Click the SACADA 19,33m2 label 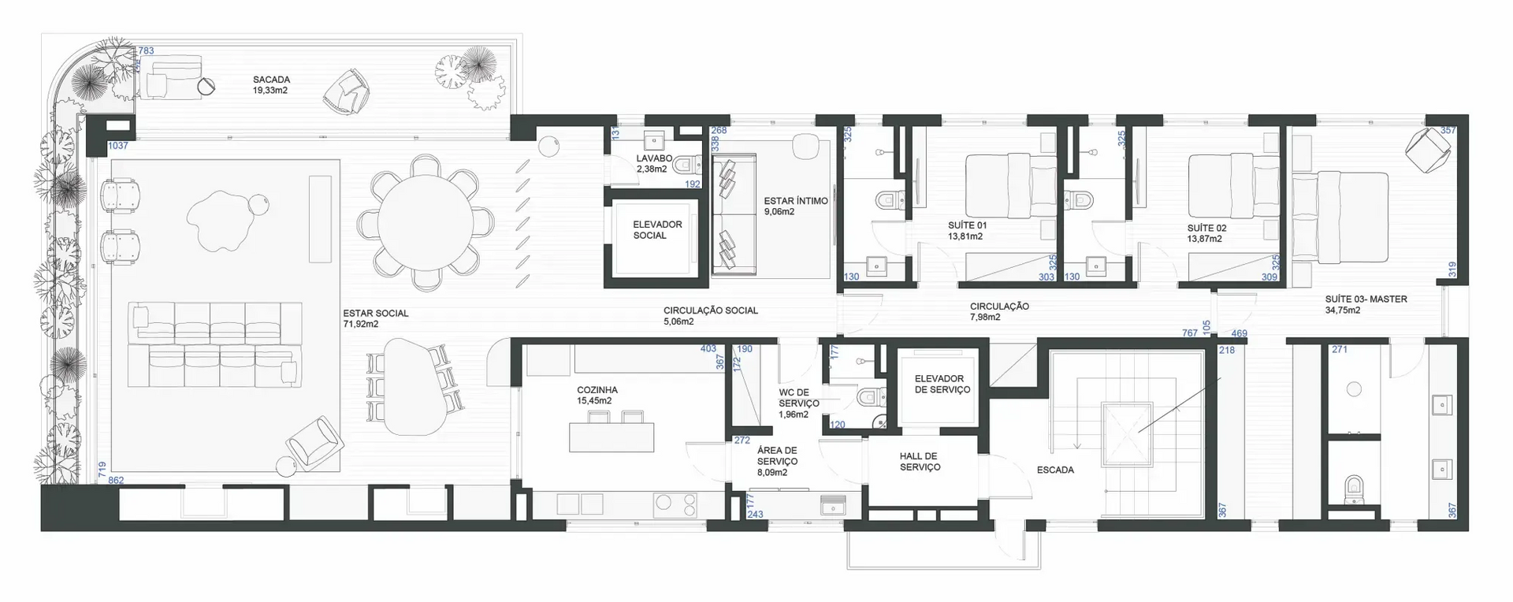pyautogui.click(x=271, y=85)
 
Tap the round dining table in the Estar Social pyautogui.click(x=426, y=222)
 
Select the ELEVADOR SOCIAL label pyautogui.click(x=657, y=230)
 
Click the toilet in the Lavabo pyautogui.click(x=688, y=165)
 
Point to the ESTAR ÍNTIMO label pyautogui.click(x=795, y=206)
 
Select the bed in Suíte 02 pyautogui.click(x=1233, y=186)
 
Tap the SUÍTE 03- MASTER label pyautogui.click(x=1366, y=304)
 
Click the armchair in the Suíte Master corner pyautogui.click(x=1428, y=149)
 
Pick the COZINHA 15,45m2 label pyautogui.click(x=597, y=395)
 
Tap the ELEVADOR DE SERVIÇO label pyautogui.click(x=942, y=384)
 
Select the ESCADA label pyautogui.click(x=1054, y=470)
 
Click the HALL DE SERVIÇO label pyautogui.click(x=920, y=462)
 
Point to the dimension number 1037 pyautogui.click(x=118, y=146)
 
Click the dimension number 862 pyautogui.click(x=116, y=480)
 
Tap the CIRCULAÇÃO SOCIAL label pyautogui.click(x=710, y=315)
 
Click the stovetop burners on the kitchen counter pyautogui.click(x=676, y=504)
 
